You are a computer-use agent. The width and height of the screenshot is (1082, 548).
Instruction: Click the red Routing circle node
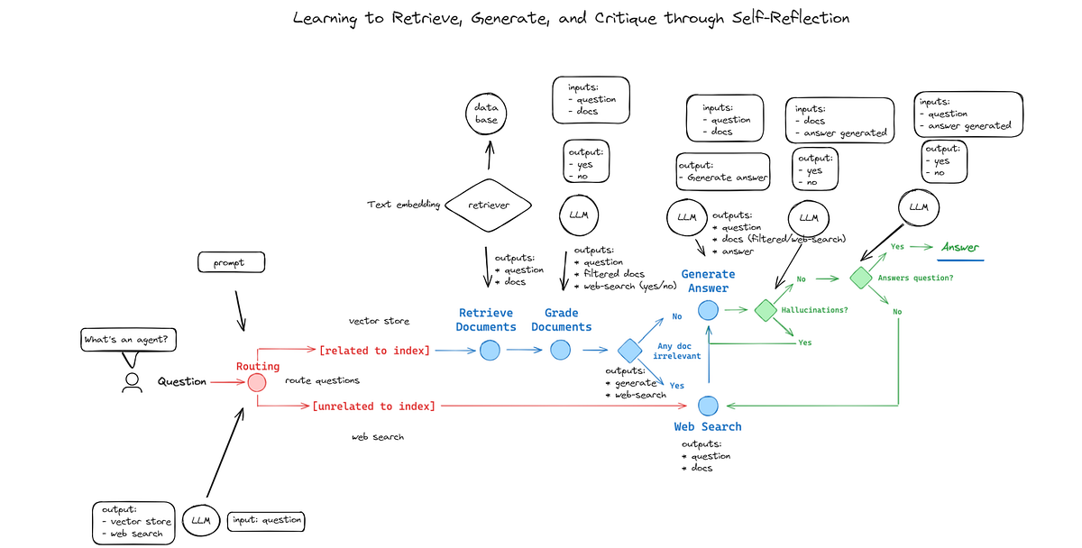tap(257, 382)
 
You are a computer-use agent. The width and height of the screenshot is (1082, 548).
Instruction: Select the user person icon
tap(133, 382)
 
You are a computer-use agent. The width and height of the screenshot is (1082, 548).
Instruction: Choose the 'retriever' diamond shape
tap(489, 205)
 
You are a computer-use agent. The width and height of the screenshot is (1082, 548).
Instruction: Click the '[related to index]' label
tap(375, 350)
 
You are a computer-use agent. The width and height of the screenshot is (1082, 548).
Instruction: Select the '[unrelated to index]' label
tap(373, 406)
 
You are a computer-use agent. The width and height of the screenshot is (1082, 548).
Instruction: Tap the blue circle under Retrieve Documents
tap(490, 350)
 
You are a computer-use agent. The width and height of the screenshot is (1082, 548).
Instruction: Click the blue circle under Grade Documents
tap(562, 350)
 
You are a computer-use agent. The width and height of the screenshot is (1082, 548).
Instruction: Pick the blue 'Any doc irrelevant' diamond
tap(628, 351)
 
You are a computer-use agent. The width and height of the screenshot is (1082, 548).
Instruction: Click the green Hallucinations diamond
tap(765, 310)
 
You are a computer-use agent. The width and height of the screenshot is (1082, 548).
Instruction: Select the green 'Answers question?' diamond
tap(861, 278)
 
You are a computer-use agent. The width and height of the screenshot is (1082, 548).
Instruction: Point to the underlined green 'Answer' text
tap(959, 247)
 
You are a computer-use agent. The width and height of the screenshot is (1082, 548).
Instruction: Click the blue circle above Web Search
tap(708, 406)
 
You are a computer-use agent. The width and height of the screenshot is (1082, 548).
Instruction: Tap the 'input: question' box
tap(266, 520)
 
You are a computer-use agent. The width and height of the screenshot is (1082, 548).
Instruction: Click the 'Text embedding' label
tap(403, 205)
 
